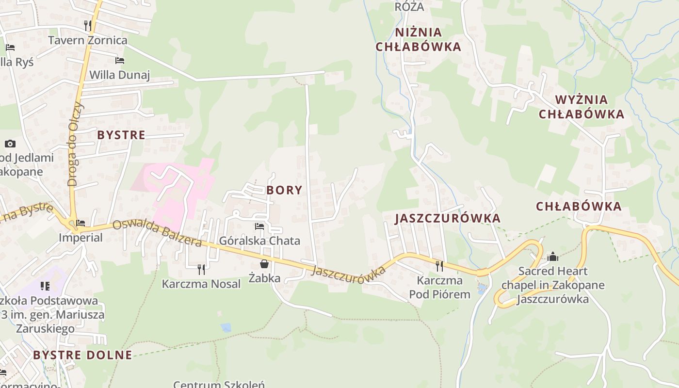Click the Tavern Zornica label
pyautogui.click(x=88, y=40)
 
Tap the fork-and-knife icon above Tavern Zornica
pyautogui.click(x=88, y=25)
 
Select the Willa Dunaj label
pyautogui.click(x=120, y=75)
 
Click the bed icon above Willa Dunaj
pyautogui.click(x=120, y=61)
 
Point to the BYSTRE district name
pyautogui.click(x=121, y=135)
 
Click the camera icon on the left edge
pyautogui.click(x=10, y=144)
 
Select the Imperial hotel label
pyautogui.click(x=81, y=238)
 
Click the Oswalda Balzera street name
pyautogui.click(x=157, y=233)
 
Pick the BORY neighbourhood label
pyautogui.click(x=284, y=190)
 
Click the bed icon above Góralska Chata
pyautogui.click(x=259, y=226)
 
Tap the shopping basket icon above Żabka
pyautogui.click(x=264, y=264)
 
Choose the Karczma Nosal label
pyautogui.click(x=201, y=284)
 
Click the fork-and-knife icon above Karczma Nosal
pyautogui.click(x=201, y=269)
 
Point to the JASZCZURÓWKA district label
pyautogui.click(x=448, y=218)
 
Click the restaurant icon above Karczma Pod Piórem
pyautogui.click(x=439, y=266)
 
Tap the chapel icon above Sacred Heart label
pyautogui.click(x=553, y=257)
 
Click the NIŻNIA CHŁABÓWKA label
pyautogui.click(x=428, y=39)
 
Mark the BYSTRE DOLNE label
pyautogui.click(x=82, y=355)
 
